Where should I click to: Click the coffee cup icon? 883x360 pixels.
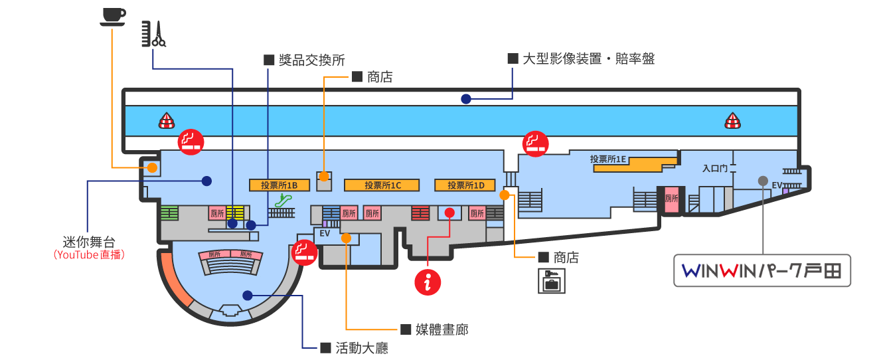pos(113,17)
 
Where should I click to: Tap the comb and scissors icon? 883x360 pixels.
pos(154,34)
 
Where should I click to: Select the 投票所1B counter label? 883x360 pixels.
pos(279,185)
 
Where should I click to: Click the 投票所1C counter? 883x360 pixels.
pos(382,185)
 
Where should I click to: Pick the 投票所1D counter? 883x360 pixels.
pos(465,185)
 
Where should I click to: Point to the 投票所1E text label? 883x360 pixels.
pos(608,159)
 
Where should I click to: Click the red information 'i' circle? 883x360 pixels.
pos(428,282)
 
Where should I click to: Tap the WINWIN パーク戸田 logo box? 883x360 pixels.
pos(762,270)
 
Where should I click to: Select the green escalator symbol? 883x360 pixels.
pos(283,201)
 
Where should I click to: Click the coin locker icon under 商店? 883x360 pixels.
pos(552,281)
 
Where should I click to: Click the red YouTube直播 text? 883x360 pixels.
pos(89,254)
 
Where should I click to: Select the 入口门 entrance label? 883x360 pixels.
pos(715,168)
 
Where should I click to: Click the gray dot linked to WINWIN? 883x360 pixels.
pos(763,181)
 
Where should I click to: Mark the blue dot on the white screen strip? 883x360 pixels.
pos(466,99)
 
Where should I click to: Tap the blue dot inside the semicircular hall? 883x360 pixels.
pos(248,296)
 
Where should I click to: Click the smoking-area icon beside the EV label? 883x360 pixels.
pos(304,252)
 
